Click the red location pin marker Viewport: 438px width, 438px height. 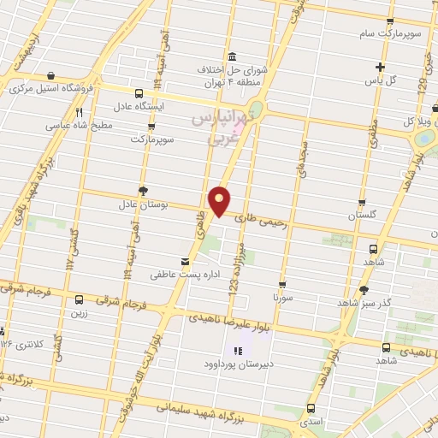[220, 201]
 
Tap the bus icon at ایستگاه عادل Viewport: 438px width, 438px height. [139, 94]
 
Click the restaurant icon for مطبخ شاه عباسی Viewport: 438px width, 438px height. [79, 112]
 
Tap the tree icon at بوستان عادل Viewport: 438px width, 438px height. [143, 192]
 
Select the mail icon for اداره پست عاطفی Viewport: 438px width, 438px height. [185, 261]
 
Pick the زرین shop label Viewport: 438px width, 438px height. [79, 313]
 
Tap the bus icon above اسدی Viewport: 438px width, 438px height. [310, 409]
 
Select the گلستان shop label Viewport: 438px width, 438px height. [363, 216]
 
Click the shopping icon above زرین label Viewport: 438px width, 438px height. [79, 300]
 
